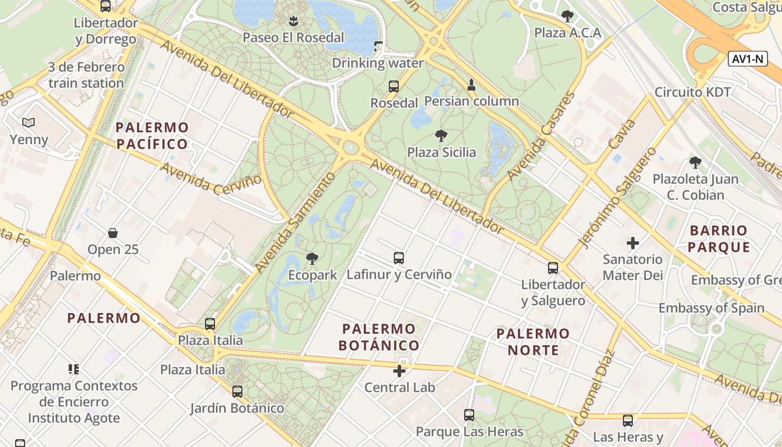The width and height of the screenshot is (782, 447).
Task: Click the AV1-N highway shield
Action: click(748, 59)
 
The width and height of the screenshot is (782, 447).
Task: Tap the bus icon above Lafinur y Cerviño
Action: click(398, 258)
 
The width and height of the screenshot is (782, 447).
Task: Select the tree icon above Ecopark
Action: click(312, 258)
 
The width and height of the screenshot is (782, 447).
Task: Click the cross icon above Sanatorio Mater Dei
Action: click(632, 243)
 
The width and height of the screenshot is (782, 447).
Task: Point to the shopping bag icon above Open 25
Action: click(113, 232)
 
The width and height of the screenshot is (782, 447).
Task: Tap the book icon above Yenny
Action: click(28, 122)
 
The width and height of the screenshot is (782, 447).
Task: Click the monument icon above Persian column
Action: click(471, 85)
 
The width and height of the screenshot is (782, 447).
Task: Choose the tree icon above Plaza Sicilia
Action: click(441, 135)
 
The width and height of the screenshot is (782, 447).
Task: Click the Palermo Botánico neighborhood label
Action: click(379, 337)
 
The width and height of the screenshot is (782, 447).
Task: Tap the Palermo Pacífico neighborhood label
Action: click(152, 136)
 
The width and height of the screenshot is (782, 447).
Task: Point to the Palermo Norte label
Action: click(533, 342)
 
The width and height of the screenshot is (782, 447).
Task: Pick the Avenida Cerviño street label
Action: click(211, 178)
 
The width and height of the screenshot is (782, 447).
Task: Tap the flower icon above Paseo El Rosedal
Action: click(293, 21)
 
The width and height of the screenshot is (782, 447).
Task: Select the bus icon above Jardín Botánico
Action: click(237, 391)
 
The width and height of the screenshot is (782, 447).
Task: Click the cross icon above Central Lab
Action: click(399, 370)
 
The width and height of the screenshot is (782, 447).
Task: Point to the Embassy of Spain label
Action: click(711, 308)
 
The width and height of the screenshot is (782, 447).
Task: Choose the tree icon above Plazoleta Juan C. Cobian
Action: click(695, 163)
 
